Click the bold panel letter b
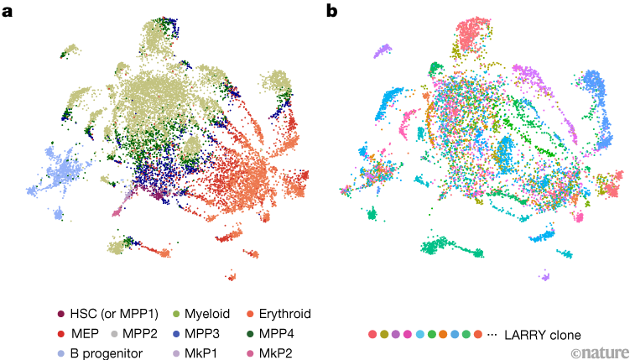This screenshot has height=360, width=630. click(332, 10)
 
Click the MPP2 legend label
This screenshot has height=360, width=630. click(140, 333)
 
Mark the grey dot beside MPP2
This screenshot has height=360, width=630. click(114, 333)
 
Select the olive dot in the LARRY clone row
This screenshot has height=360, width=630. click(384, 335)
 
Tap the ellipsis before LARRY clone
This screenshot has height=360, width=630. click(492, 335)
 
